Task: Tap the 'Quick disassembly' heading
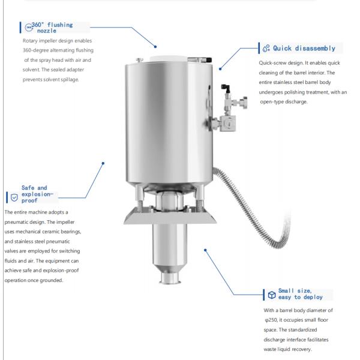point(308,48)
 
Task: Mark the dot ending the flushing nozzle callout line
point(155,46)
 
